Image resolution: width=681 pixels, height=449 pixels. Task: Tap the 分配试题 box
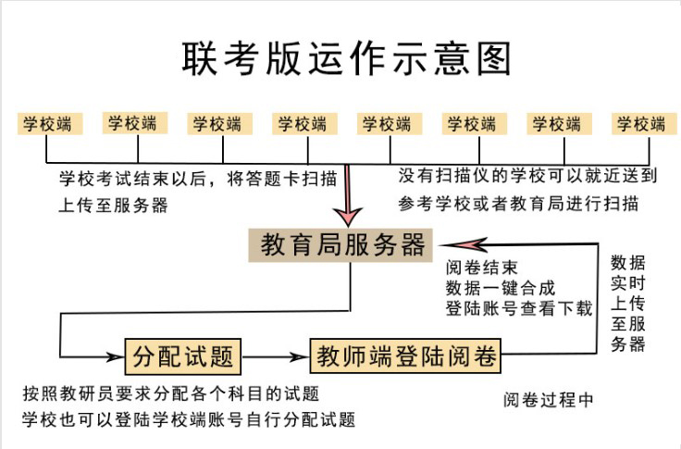183,355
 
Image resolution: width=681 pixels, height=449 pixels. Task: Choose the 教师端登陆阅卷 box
404,355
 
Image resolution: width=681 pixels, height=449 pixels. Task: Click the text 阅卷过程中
549,400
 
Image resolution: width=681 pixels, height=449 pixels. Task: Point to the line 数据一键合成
501,288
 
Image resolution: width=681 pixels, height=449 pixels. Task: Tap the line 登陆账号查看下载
518,308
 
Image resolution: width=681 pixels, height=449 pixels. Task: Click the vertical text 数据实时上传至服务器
628,302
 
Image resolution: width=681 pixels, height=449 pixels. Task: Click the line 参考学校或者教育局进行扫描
518,203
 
